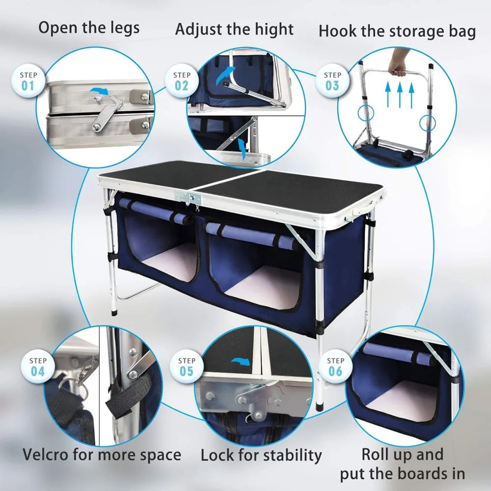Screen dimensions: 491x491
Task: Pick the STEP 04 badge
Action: click(38, 366)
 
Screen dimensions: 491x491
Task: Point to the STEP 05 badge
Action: click(187, 366)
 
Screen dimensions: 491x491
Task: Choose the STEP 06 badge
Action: click(335, 366)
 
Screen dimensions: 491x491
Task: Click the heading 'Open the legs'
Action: click(89, 27)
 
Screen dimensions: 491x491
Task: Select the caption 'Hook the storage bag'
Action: click(397, 31)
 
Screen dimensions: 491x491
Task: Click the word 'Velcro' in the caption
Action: click(47, 454)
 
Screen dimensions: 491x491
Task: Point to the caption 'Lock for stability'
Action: click(261, 455)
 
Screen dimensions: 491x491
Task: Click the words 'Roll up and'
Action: click(402, 454)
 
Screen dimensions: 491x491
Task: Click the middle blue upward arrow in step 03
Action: click(400, 95)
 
